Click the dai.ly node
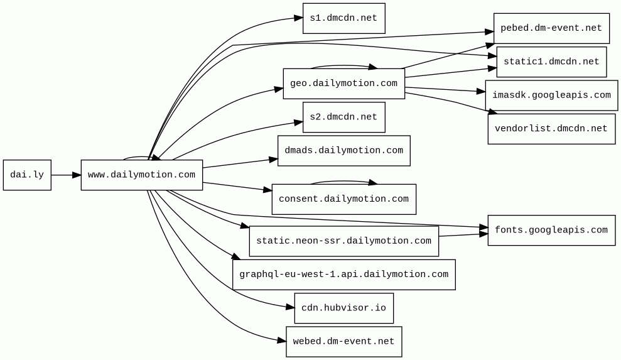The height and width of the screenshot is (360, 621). (x=27, y=175)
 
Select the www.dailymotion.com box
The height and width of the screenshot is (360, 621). (x=142, y=175)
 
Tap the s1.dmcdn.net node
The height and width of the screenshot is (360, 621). (x=343, y=18)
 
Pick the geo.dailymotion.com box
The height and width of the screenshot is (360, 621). (x=343, y=84)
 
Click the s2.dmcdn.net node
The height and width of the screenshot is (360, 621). (x=343, y=117)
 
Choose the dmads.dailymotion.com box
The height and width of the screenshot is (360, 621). (x=343, y=151)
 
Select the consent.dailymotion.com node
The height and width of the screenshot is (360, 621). (x=343, y=199)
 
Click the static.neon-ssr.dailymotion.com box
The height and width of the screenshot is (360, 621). (x=343, y=241)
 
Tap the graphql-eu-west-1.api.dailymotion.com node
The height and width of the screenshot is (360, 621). (x=343, y=275)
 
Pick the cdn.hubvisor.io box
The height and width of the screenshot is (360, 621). (x=343, y=308)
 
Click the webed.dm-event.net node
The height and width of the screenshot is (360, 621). (x=343, y=341)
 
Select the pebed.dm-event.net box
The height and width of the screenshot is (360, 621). (x=551, y=28)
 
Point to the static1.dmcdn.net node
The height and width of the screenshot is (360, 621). (x=551, y=62)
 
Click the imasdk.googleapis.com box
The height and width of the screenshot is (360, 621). (x=551, y=95)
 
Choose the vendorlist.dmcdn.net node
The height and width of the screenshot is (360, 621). (x=551, y=129)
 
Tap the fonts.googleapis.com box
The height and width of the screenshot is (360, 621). (x=551, y=231)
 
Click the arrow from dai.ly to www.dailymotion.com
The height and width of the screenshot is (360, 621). (x=66, y=175)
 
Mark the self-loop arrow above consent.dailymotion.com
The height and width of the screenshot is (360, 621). (x=343, y=181)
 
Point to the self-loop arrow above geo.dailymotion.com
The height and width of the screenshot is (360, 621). (x=343, y=65)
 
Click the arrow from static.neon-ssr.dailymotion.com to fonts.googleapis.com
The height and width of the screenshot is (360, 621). (x=463, y=235)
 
